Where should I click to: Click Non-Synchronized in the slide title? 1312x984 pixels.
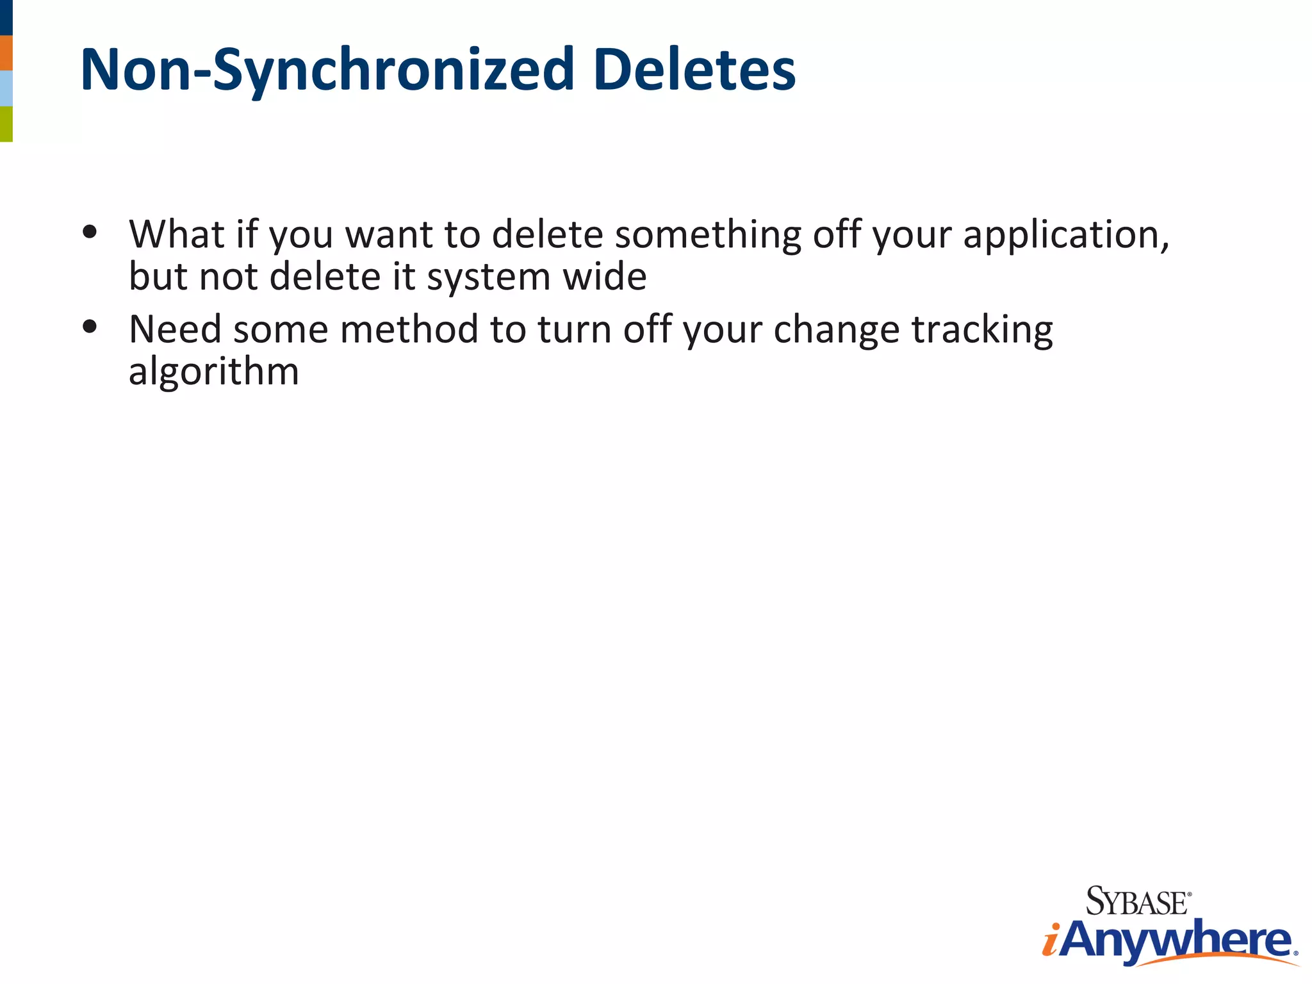click(x=327, y=70)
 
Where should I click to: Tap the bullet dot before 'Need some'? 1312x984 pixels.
click(x=90, y=327)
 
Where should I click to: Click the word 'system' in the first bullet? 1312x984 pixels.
click(x=489, y=278)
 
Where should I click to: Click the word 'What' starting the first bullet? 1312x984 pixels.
click(x=176, y=234)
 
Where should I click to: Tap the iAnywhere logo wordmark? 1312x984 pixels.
click(x=1169, y=940)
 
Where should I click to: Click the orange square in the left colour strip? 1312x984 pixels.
click(x=6, y=53)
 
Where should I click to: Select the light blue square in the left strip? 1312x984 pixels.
click(x=6, y=88)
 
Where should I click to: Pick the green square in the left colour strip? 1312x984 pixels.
click(x=6, y=124)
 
